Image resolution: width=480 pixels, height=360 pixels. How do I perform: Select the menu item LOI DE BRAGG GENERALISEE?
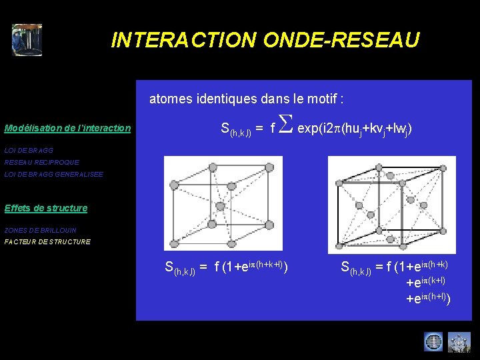(x=53, y=174)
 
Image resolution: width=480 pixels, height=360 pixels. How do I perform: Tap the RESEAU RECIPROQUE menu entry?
(x=41, y=162)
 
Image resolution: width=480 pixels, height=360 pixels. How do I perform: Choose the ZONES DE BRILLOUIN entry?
(x=40, y=230)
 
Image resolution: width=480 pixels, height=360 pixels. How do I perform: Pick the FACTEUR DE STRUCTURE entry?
(x=47, y=241)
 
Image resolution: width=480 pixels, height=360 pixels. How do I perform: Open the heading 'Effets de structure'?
(x=45, y=208)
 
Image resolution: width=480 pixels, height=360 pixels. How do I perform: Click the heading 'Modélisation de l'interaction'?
(x=67, y=128)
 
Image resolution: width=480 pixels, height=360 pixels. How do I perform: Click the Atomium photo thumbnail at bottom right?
(x=459, y=342)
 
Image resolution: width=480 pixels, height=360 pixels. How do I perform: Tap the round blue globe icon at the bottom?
(x=433, y=342)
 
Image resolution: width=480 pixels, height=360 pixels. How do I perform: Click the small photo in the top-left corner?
(x=27, y=40)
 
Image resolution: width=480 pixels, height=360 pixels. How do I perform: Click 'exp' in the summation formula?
(x=308, y=127)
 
